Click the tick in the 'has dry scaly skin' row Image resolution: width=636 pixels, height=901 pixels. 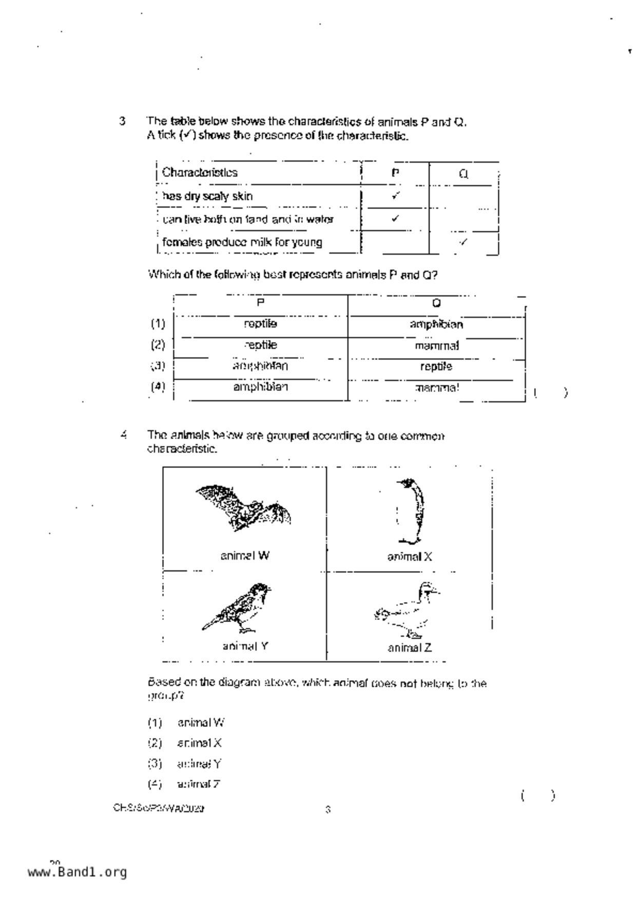pos(395,196)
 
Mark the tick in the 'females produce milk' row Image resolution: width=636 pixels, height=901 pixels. pos(464,242)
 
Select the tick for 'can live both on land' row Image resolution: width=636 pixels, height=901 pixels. pos(395,218)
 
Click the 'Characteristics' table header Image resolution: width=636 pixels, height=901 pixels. pos(200,173)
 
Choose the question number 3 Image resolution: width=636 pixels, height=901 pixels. pos(122,122)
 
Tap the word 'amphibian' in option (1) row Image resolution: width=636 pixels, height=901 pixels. pos(436,324)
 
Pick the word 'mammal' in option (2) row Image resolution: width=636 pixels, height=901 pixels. pos(437,346)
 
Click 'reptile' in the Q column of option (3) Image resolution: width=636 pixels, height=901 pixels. pos(436,366)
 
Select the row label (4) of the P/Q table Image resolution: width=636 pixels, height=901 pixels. pos(158,387)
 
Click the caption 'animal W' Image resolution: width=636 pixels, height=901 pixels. pos(245,556)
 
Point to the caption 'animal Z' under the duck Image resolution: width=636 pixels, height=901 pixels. pos(410,648)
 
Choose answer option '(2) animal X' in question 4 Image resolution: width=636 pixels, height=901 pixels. pos(185,743)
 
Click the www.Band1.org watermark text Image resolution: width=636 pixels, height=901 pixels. pos(77,872)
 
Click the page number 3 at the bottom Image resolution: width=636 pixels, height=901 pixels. pos(328,810)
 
